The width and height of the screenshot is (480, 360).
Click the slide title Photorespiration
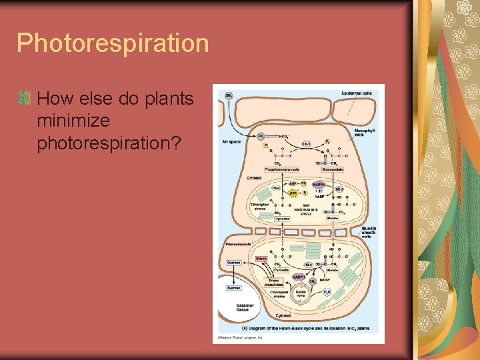coord(113,44)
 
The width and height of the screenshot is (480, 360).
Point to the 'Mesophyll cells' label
coord(364,132)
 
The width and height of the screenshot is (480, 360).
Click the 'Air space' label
coord(231,141)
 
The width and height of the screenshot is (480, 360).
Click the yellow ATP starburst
coord(291,193)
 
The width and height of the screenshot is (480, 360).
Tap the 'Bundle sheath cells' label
coord(369,231)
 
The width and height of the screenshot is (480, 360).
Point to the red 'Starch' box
coord(261,258)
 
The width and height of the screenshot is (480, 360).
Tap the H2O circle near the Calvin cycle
coord(327,293)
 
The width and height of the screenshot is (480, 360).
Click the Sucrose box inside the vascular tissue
coord(233,287)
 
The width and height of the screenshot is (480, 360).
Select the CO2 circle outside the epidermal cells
coord(229,96)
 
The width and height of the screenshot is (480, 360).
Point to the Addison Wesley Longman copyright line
coord(241,338)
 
